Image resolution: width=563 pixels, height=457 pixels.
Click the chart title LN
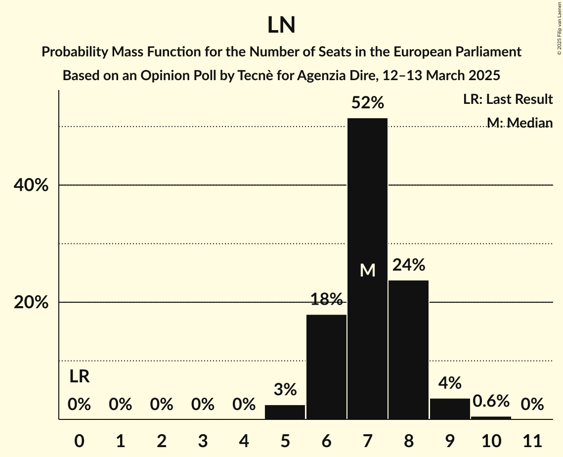click(281, 25)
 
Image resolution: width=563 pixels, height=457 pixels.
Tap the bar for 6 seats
click(326, 366)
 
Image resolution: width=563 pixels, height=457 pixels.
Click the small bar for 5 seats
click(285, 412)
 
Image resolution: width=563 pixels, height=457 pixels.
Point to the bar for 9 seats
click(450, 409)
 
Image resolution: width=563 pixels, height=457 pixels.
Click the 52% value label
click(367, 103)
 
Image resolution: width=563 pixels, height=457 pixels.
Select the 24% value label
click(408, 265)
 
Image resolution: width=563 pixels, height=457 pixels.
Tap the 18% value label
click(326, 299)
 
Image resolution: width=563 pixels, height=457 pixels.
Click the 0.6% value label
click(491, 401)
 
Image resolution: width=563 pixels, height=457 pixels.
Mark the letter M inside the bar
click(367, 270)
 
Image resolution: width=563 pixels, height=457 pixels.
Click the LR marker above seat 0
click(79, 377)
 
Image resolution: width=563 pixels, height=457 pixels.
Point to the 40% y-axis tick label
click(31, 185)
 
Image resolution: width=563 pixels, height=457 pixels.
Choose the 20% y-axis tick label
click(31, 303)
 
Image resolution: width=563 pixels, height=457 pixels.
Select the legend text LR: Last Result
click(508, 99)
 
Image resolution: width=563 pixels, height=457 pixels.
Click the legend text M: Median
click(519, 122)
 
